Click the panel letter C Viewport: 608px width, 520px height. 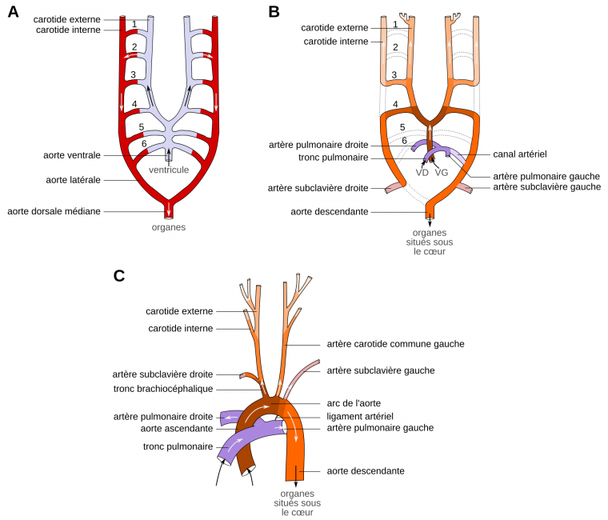coord(119,276)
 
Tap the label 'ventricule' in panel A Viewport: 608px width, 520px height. coord(169,170)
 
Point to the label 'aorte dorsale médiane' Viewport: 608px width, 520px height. coord(54,211)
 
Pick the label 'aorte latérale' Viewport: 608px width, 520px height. coord(73,180)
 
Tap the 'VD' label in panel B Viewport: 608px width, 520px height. coord(422,172)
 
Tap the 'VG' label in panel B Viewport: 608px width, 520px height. coord(441,172)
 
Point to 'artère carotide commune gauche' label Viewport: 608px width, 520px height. coord(396,344)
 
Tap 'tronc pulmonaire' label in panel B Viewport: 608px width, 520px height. coord(330,158)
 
